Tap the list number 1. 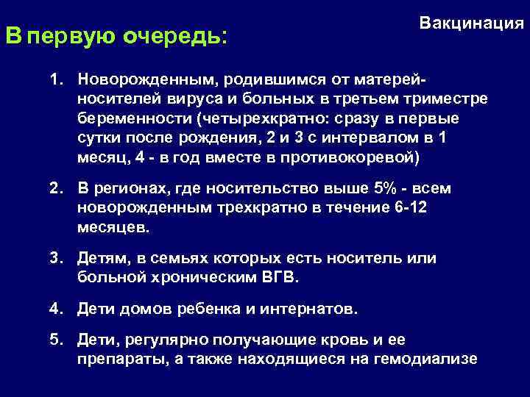coord(55,78)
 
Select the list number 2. coord(55,188)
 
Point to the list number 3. coord(55,258)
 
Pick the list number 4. coord(55,309)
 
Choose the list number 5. coord(55,340)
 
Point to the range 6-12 coord(410,208)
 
